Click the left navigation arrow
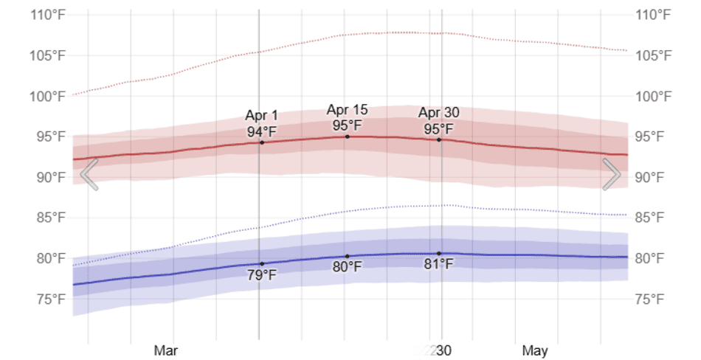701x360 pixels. [x=89, y=174]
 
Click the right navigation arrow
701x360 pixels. [x=612, y=174]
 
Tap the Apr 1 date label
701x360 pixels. [x=262, y=116]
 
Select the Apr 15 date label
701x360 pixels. [x=347, y=110]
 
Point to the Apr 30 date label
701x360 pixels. [x=439, y=113]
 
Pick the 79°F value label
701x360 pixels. [x=262, y=275]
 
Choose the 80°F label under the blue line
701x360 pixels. [x=347, y=267]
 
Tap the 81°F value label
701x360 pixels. [x=439, y=264]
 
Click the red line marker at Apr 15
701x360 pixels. [x=347, y=136]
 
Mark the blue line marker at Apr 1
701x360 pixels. [x=262, y=263]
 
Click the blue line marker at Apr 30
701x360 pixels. [x=439, y=254]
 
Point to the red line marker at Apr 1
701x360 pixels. [x=262, y=142]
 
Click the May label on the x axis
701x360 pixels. [x=534, y=350]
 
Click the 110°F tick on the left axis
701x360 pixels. [x=49, y=15]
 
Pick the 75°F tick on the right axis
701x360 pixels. [x=652, y=299]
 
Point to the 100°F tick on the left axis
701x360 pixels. [x=49, y=96]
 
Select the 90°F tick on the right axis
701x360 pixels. [x=652, y=177]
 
